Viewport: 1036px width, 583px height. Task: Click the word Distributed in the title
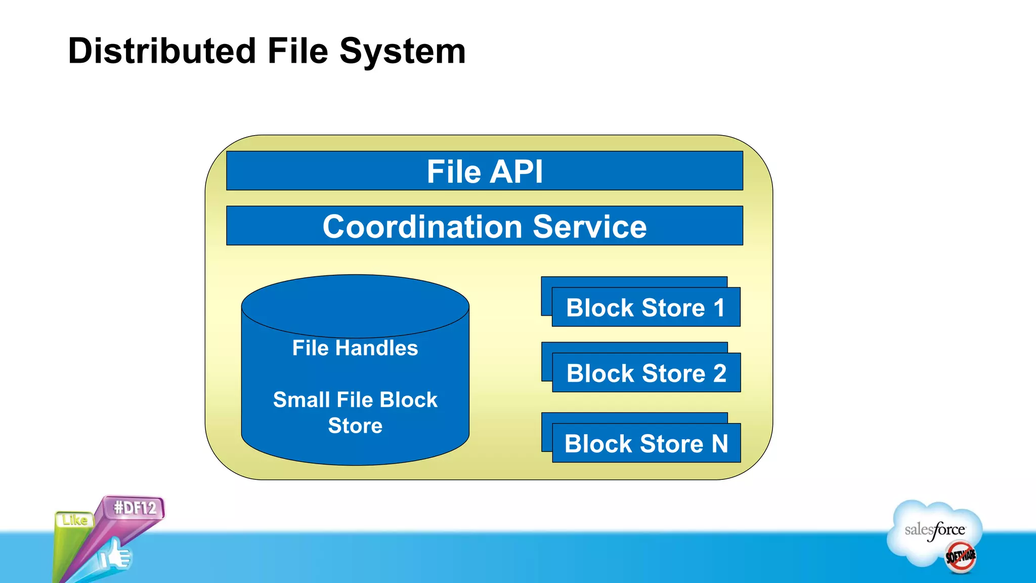(162, 51)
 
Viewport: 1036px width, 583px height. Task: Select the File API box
(484, 171)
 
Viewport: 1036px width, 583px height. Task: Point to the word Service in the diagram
(589, 226)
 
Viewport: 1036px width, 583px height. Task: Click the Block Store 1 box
(645, 307)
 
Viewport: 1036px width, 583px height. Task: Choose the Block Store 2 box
(646, 373)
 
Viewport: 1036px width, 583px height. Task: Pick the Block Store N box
(646, 443)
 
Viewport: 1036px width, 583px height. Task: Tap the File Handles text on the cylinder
(355, 348)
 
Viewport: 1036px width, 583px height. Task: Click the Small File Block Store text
(355, 412)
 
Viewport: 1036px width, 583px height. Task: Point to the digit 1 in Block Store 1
(719, 308)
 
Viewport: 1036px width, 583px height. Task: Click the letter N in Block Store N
(720, 444)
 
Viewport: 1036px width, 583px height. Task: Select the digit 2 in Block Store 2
(719, 373)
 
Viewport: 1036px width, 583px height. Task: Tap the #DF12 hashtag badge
(135, 508)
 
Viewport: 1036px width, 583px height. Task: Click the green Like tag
(74, 520)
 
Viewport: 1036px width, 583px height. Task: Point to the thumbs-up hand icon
(115, 555)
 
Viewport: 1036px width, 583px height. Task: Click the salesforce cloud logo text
(934, 530)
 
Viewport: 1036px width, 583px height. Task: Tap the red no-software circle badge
(960, 557)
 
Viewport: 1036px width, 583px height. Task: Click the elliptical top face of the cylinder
(355, 305)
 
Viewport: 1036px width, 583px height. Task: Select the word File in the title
(297, 51)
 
